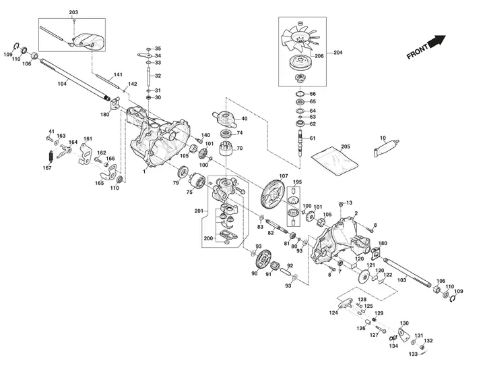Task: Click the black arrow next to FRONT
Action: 437,42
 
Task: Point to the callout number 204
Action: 338,52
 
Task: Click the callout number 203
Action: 73,13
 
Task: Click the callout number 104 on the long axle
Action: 62,84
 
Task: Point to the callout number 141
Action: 117,74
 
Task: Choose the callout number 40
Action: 244,119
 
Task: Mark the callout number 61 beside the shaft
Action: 313,138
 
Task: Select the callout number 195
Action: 298,182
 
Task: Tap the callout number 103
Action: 402,279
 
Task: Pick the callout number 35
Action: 158,49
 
